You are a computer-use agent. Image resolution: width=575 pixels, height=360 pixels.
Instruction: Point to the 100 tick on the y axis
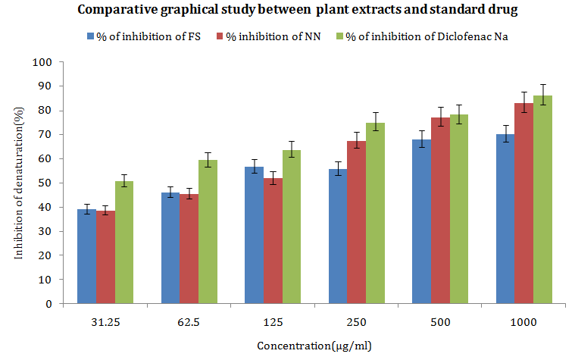click(x=51, y=62)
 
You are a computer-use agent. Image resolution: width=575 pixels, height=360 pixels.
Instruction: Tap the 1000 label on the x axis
click(x=523, y=321)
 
